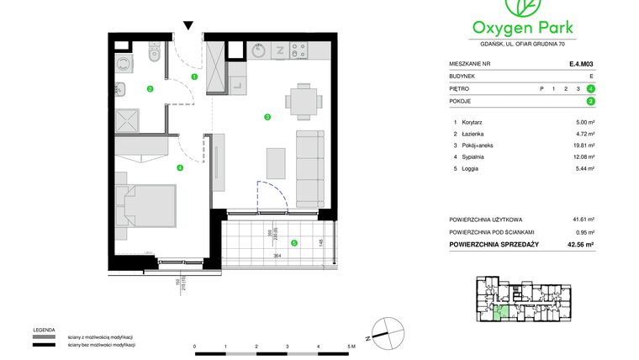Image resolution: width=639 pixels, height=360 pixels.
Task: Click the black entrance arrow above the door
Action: pyautogui.click(x=189, y=26)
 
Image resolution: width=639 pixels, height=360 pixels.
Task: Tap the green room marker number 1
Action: pyautogui.click(x=194, y=77)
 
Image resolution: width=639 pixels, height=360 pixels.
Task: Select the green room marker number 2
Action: pyautogui.click(x=150, y=88)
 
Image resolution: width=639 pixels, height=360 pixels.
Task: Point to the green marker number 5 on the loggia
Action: pyautogui.click(x=293, y=244)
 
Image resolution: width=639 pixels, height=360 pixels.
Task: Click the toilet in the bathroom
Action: pyautogui.click(x=153, y=55)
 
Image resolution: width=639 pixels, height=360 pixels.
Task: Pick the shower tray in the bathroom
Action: pyautogui.click(x=130, y=120)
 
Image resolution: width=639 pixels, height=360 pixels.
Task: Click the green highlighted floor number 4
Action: pyautogui.click(x=592, y=88)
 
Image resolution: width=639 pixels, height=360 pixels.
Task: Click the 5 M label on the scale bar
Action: pyautogui.click(x=351, y=346)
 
